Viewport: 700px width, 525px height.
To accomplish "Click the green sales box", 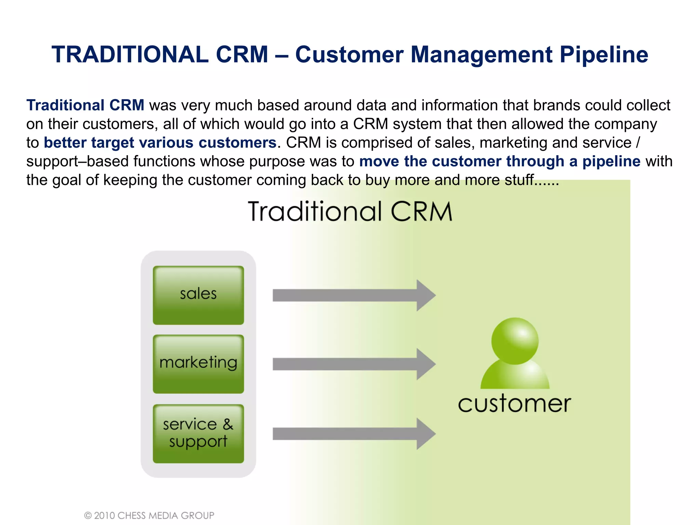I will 198,295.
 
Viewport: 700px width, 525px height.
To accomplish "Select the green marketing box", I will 198,364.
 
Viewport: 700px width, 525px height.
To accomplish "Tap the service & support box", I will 198,433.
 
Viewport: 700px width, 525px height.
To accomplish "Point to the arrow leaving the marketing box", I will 352,364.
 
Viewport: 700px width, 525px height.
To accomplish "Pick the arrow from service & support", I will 352,434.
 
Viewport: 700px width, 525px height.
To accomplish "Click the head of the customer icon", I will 515,341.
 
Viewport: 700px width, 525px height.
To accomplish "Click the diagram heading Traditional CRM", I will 350,212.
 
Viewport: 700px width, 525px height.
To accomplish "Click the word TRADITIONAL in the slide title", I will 130,55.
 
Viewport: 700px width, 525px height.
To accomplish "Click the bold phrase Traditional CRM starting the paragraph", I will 85,105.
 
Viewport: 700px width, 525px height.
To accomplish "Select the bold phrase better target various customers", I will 160,143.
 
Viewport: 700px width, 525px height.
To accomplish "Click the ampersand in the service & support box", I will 228,424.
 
